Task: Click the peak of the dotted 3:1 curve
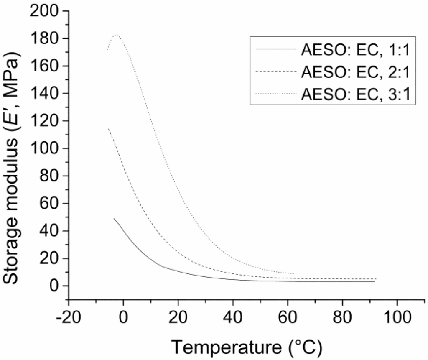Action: point(116,35)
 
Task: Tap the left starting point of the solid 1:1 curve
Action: point(114,218)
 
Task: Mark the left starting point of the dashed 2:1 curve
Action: point(108,129)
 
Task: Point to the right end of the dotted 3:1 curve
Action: point(294,273)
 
